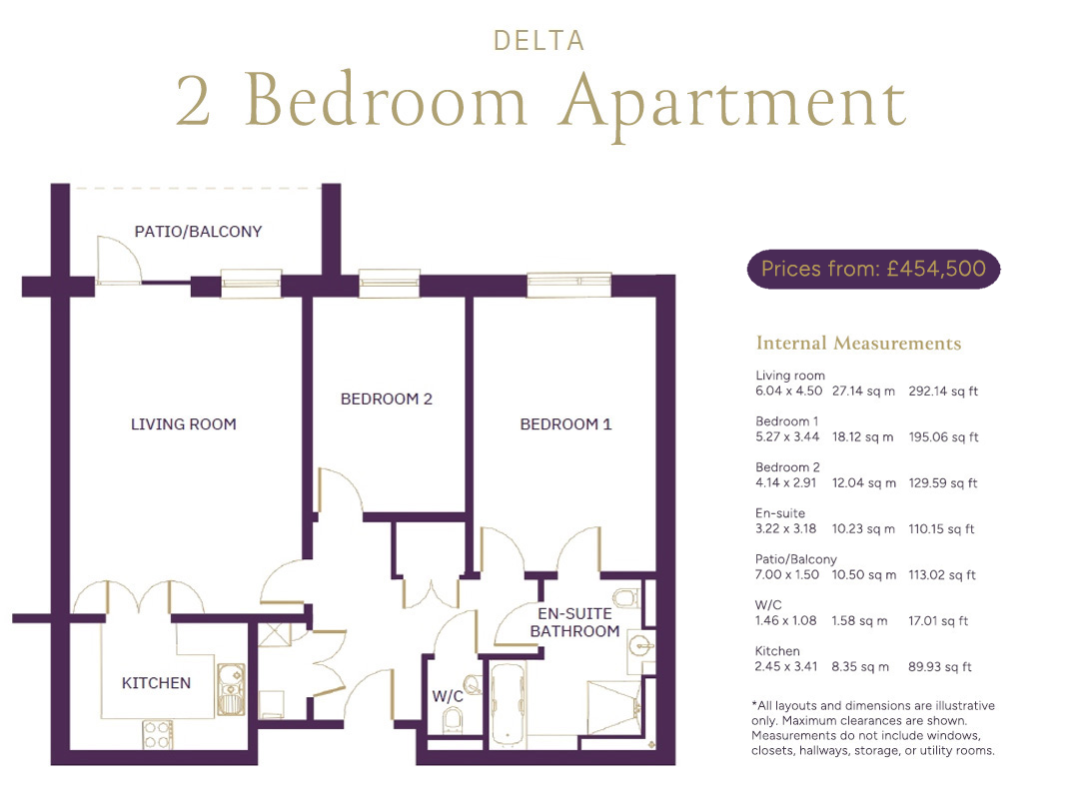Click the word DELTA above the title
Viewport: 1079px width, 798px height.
coord(539,41)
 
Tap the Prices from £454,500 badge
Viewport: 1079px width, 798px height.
coord(873,269)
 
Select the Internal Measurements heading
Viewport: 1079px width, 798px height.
coord(858,343)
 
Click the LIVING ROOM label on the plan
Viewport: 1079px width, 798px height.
coord(184,424)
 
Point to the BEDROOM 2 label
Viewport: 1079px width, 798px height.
coord(386,399)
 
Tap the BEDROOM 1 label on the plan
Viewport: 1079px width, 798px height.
coord(565,424)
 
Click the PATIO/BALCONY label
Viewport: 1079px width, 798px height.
coord(198,232)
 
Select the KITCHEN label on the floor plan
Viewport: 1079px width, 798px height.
coord(156,683)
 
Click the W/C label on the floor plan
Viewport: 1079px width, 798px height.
coord(448,696)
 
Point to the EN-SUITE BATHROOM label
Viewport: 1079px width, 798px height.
coord(574,622)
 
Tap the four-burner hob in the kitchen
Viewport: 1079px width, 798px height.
coord(158,735)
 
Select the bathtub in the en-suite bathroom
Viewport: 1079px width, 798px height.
coord(508,705)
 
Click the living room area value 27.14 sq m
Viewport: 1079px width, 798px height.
coord(863,392)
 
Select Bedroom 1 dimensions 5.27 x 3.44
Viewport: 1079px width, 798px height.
coord(787,436)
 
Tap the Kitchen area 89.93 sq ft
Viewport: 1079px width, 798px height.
coord(940,666)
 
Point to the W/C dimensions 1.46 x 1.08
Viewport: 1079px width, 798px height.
coord(786,620)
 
